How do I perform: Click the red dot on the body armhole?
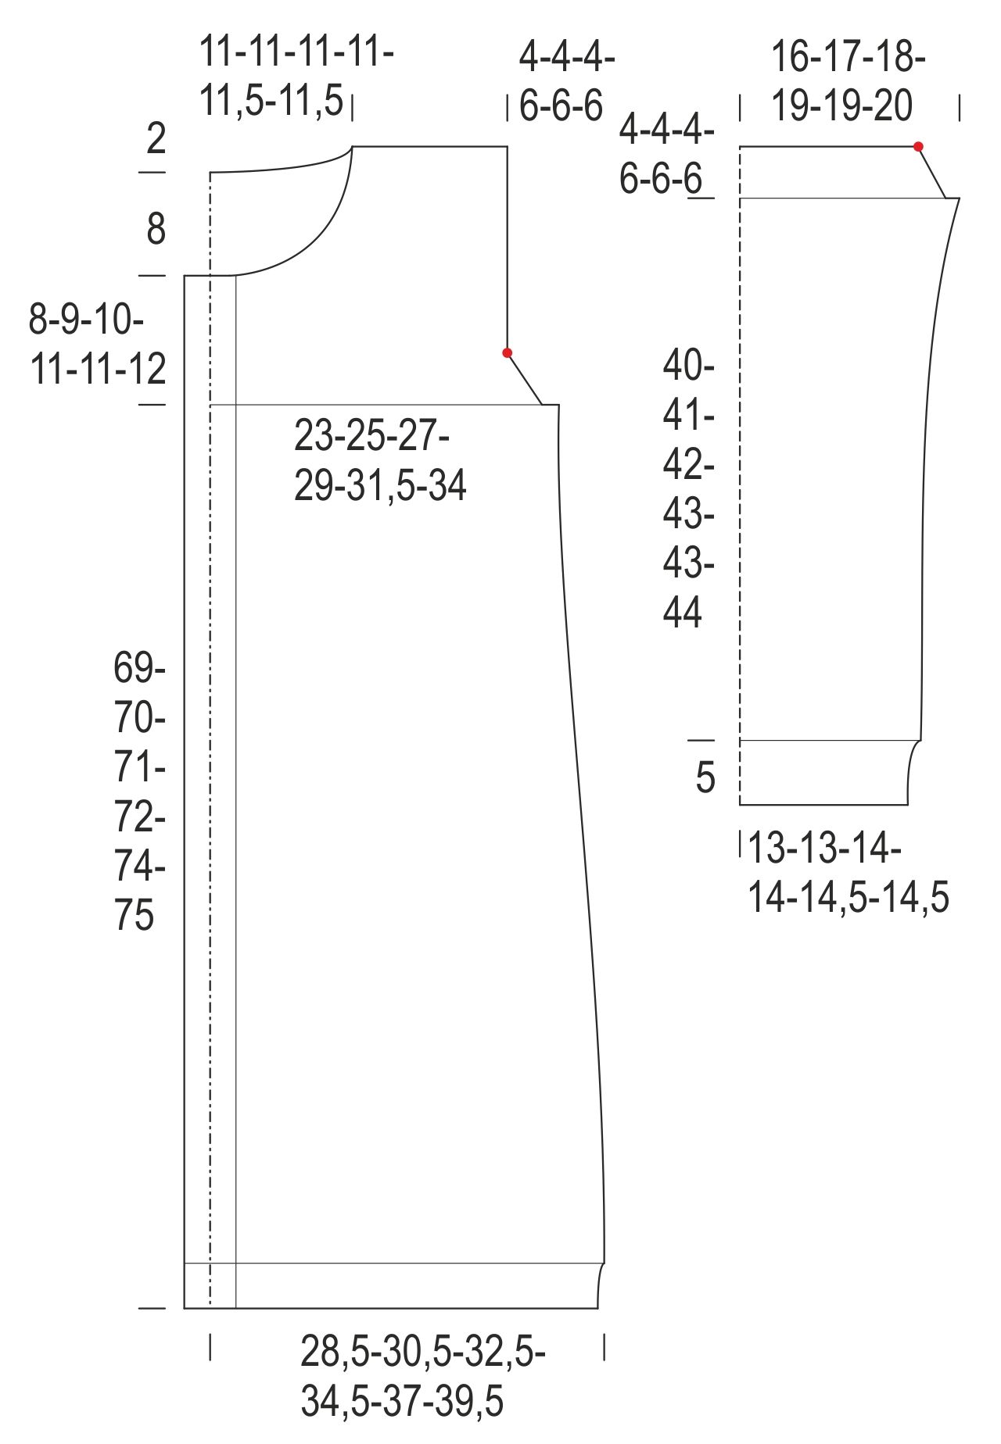[507, 353]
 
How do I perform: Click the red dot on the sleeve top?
[918, 146]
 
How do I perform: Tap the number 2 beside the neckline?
[156, 138]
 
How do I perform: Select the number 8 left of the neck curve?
[156, 229]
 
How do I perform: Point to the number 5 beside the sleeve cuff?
[705, 777]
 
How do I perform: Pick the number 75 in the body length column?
[135, 915]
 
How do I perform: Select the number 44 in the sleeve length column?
[683, 613]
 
